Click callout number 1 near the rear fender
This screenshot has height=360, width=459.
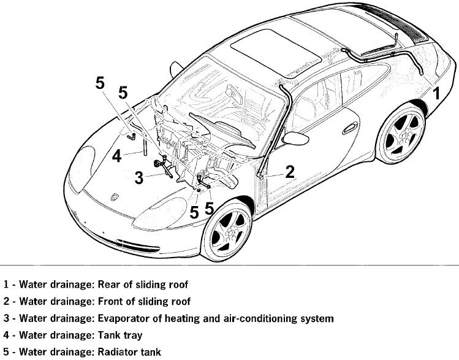click(436, 94)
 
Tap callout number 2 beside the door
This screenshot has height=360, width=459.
click(290, 172)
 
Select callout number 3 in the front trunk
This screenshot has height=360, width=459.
click(139, 178)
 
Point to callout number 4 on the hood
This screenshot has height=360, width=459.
click(117, 156)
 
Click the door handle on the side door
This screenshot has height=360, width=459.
click(350, 129)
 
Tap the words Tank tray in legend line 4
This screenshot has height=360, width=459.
click(120, 335)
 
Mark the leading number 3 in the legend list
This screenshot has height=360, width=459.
click(6, 319)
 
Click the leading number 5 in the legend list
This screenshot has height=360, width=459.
click(6, 353)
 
